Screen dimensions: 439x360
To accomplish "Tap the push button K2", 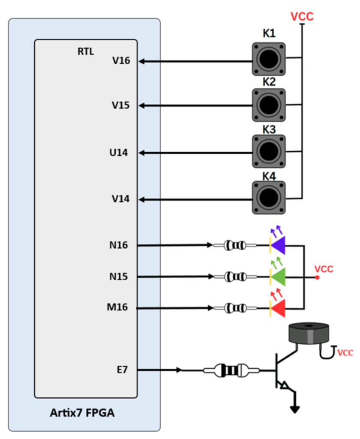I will click(269, 105).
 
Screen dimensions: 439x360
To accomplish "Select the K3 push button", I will click(269, 151).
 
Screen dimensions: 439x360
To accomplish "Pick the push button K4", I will click(269, 197).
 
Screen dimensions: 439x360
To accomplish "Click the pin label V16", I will click(121, 61).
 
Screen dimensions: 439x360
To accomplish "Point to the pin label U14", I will click(119, 153).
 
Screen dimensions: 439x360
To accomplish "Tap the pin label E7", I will click(123, 370).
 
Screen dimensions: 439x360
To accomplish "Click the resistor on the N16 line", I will click(235, 246).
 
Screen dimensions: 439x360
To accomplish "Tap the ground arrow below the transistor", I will click(295, 408).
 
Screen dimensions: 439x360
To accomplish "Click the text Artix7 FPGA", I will click(82, 414).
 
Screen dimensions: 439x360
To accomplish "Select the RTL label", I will click(86, 52).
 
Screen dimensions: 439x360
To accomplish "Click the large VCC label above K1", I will click(302, 17).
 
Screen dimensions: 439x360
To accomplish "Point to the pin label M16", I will click(117, 307).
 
